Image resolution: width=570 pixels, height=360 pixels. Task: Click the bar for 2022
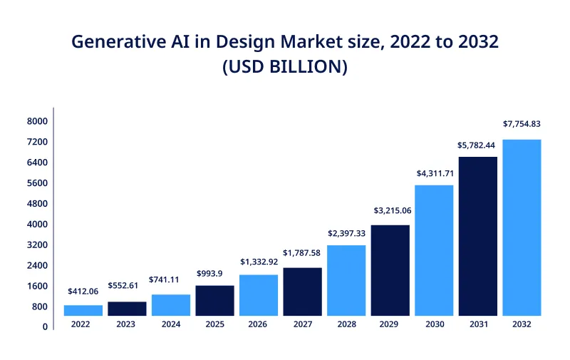83,310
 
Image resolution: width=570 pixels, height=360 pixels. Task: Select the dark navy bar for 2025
214,300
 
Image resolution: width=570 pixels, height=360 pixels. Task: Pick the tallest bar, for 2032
522,227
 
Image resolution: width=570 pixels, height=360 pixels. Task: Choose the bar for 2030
434,250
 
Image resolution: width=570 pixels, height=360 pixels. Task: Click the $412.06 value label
83,292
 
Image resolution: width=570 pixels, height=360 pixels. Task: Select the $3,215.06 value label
390,211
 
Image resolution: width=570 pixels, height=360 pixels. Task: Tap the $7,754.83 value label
522,124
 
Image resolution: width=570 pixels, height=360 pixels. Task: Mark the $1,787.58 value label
302,252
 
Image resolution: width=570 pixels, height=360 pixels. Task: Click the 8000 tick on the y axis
37,122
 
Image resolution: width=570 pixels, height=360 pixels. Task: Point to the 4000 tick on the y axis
37,225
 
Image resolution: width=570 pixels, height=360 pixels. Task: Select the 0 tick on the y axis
44,327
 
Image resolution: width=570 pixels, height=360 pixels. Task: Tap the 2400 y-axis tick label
37,266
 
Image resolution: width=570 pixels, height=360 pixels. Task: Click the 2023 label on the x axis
127,324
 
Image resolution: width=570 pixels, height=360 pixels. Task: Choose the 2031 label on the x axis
477,324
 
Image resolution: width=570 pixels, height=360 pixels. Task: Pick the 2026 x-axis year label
259,324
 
